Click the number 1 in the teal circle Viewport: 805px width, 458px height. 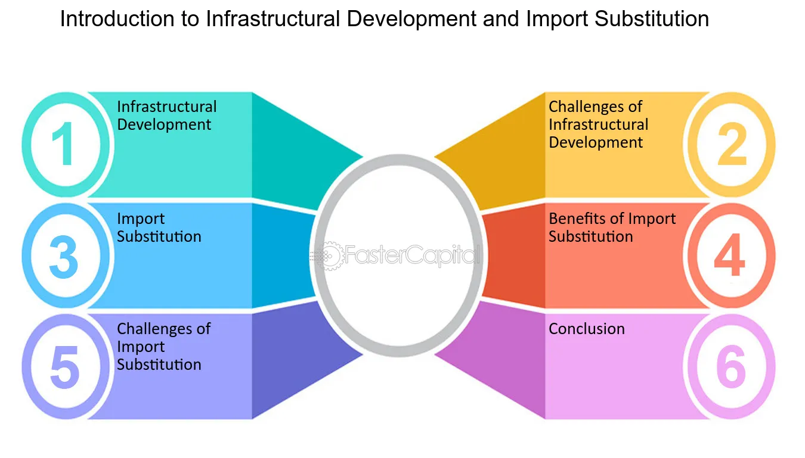pyautogui.click(x=64, y=144)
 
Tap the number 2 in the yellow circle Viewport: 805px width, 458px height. pyautogui.click(x=732, y=144)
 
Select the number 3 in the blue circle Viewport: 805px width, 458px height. pyautogui.click(x=64, y=257)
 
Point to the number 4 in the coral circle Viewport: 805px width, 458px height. pyautogui.click(x=729, y=254)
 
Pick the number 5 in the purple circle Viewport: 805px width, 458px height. pyautogui.click(x=64, y=367)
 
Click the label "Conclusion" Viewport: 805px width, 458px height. pyautogui.click(x=587, y=329)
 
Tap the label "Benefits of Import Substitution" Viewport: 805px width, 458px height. pyautogui.click(x=612, y=228)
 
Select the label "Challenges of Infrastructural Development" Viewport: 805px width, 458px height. pyautogui.click(x=598, y=124)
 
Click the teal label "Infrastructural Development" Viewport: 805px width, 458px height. pyautogui.click(x=167, y=116)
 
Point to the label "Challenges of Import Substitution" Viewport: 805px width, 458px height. pyautogui.click(x=163, y=347)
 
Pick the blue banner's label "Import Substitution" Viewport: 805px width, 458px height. pyautogui.click(x=159, y=228)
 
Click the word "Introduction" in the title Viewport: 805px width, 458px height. pyautogui.click(x=117, y=18)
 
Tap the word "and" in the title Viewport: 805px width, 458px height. pyautogui.click(x=501, y=20)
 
